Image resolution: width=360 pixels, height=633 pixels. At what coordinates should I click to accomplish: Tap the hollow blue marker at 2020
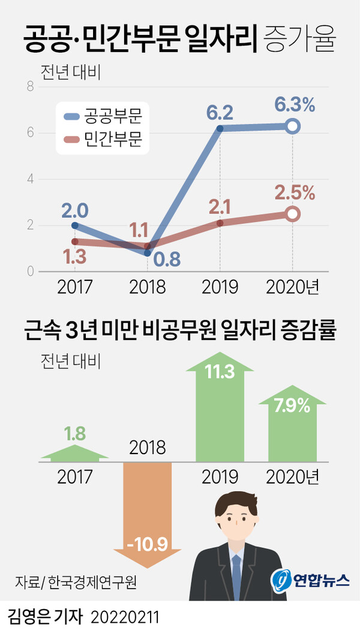(293, 126)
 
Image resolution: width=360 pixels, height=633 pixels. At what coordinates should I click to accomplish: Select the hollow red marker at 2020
(293, 214)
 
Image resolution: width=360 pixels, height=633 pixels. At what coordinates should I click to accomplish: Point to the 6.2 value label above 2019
(220, 112)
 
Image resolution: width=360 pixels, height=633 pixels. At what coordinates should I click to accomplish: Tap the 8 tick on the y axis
(29, 87)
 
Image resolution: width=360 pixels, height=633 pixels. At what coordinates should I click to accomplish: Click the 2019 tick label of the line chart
(220, 287)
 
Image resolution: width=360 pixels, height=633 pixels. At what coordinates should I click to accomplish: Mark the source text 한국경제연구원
(92, 582)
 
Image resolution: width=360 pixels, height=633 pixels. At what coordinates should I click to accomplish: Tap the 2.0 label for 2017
(74, 211)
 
